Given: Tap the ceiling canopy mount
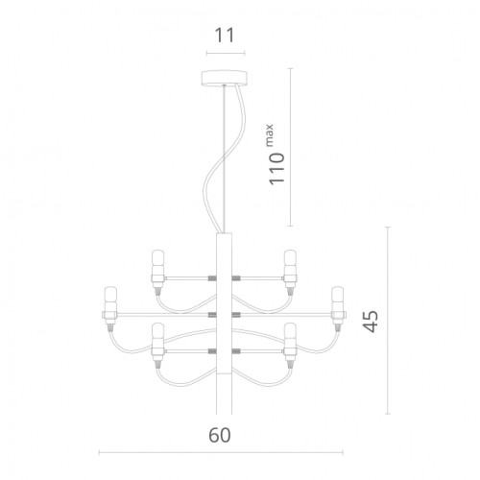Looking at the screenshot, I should coord(226,80).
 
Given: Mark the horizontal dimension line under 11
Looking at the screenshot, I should coord(225,53).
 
